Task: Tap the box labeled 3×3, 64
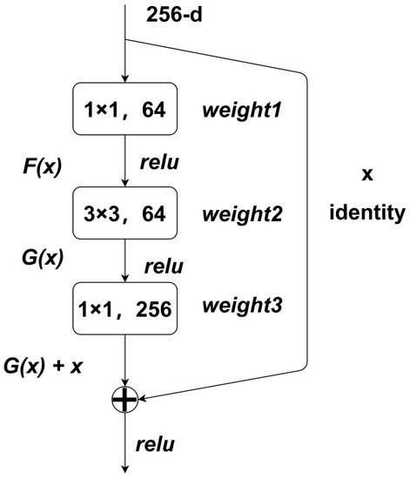(127, 211)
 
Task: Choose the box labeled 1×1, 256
(127, 308)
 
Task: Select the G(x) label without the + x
(41, 260)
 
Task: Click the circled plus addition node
(127, 400)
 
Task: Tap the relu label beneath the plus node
(156, 446)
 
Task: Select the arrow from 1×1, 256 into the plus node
(127, 361)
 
